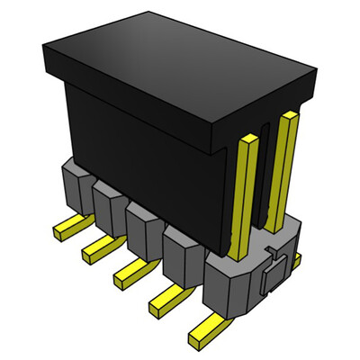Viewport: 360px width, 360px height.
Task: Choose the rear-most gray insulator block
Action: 72,184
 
